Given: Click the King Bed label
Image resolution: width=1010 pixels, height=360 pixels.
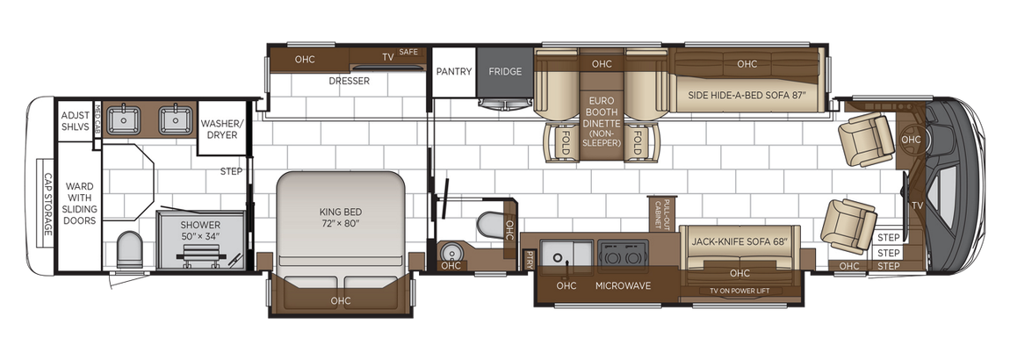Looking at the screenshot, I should pyautogui.click(x=340, y=217).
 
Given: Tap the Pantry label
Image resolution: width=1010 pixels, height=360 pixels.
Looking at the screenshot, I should pyautogui.click(x=454, y=71).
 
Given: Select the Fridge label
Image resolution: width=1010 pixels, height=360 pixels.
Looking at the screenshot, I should pyautogui.click(x=505, y=71).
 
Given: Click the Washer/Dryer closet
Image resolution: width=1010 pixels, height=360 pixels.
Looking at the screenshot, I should pyautogui.click(x=220, y=130).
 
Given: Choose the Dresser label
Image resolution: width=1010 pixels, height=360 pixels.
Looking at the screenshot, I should pyautogui.click(x=349, y=81).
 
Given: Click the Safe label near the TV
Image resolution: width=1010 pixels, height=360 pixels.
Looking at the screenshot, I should pyautogui.click(x=408, y=52).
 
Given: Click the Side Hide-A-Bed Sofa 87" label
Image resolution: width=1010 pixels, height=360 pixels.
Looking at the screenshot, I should pyautogui.click(x=747, y=95).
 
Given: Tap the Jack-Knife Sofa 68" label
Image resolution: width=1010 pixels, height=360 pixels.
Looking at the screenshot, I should pyautogui.click(x=734, y=241).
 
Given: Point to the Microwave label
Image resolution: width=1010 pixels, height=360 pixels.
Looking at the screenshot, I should pyautogui.click(x=623, y=285).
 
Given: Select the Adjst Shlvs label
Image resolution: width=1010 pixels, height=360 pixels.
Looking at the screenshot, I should pyautogui.click(x=73, y=122).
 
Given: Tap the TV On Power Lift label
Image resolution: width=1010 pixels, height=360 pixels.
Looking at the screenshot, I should pyautogui.click(x=739, y=291).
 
